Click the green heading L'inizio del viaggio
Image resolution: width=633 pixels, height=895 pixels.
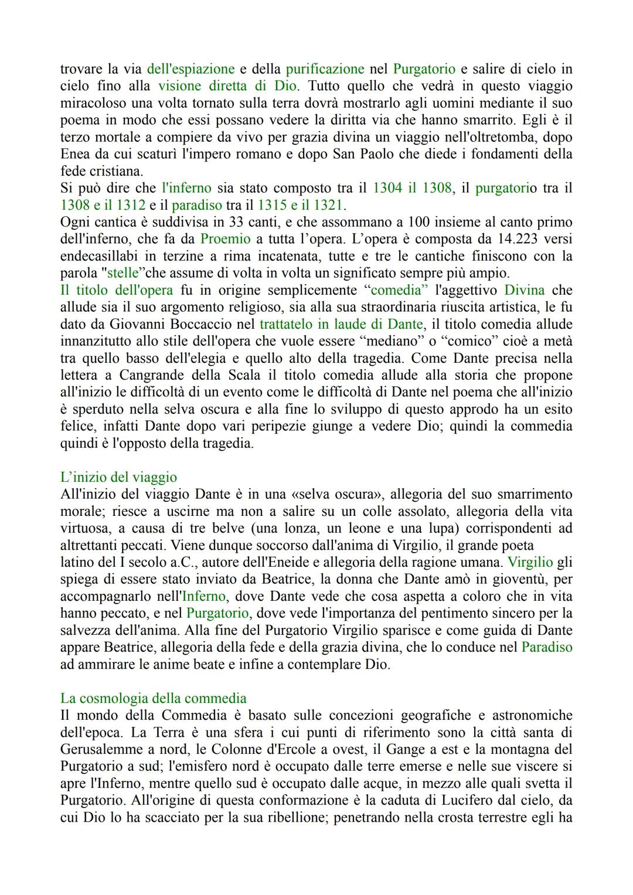[118, 477]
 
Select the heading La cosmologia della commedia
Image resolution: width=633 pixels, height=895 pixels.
[153, 698]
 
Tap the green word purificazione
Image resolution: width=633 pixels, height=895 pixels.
[325, 69]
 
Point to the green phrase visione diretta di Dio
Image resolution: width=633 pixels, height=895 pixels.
[228, 86]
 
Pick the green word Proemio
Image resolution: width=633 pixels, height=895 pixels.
[224, 239]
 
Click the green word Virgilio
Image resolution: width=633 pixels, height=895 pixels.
[530, 562]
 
